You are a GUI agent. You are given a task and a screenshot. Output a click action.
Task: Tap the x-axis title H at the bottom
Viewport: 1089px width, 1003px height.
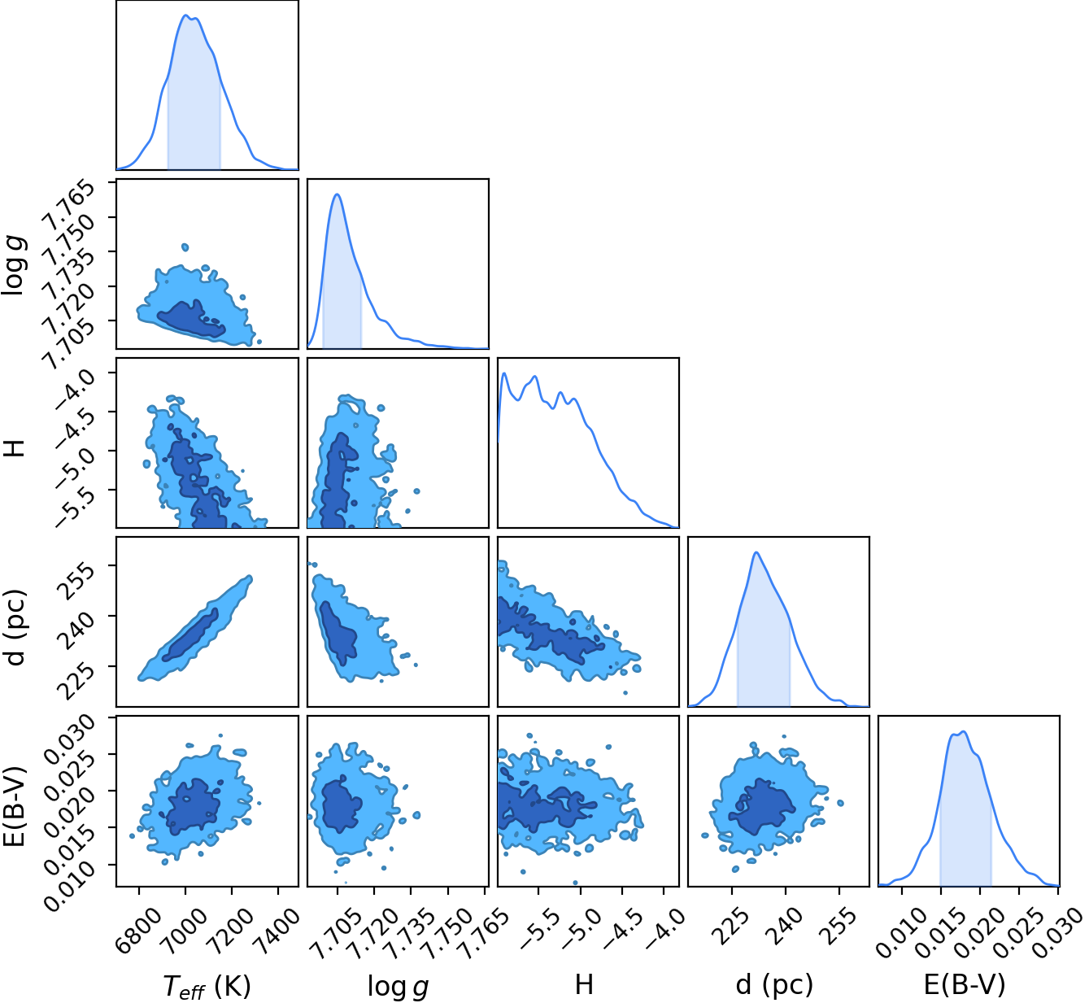click(x=584, y=983)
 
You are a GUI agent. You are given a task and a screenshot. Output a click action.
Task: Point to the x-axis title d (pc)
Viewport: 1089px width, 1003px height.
click(x=774, y=984)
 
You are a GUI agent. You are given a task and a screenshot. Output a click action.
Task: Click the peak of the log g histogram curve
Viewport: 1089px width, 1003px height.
click(x=338, y=194)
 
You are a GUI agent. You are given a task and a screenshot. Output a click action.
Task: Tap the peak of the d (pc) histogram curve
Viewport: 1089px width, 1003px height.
click(x=756, y=552)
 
